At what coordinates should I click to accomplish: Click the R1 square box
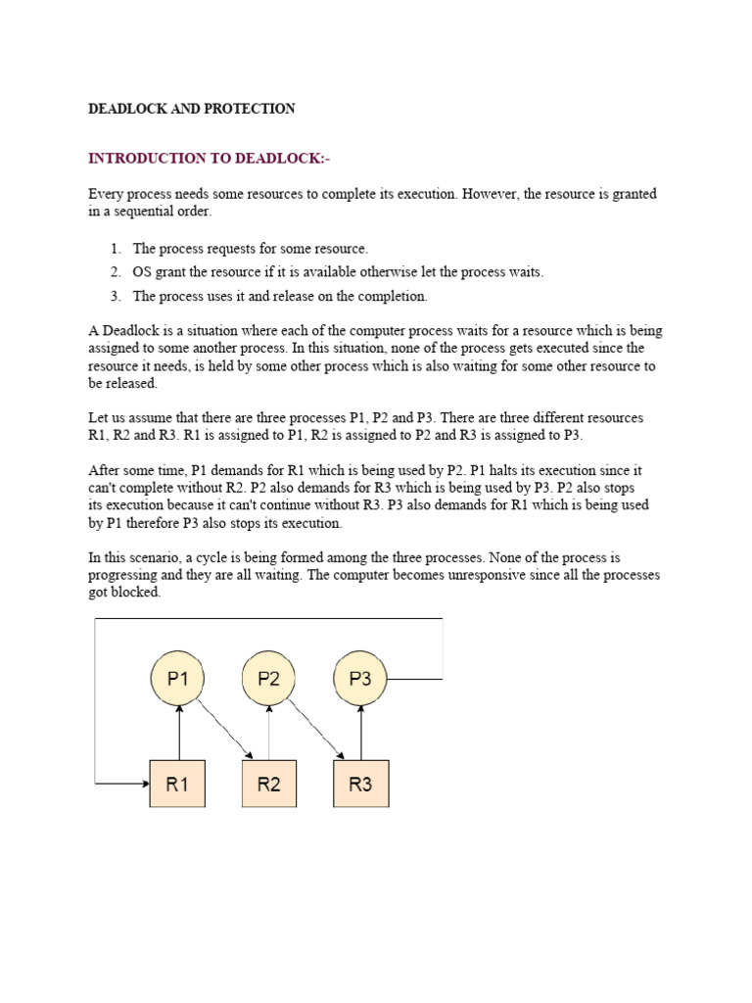(177, 783)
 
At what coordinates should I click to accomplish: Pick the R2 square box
(269, 783)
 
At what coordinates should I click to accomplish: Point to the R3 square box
(361, 783)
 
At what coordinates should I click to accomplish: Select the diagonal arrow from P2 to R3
(316, 729)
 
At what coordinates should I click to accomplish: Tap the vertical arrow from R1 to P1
(177, 733)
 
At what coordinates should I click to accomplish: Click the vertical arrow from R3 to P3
(361, 733)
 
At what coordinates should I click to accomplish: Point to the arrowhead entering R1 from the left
(143, 783)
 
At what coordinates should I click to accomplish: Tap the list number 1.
(115, 249)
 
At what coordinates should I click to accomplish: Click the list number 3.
(115, 296)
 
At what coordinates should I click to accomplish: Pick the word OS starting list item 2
(143, 272)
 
